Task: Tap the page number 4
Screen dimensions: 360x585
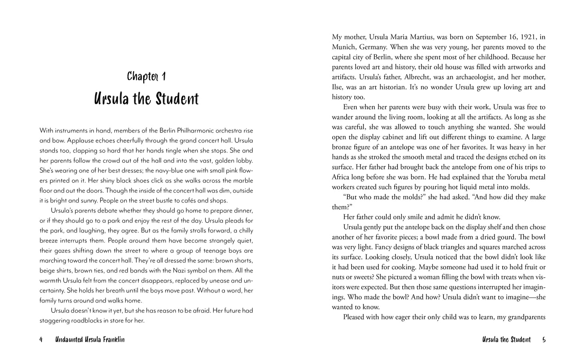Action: [x=41, y=340]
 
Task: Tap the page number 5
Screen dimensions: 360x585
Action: [x=544, y=340]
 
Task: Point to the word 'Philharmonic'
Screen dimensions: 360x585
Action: [x=188, y=130]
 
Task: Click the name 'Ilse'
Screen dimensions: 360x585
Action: [x=338, y=87]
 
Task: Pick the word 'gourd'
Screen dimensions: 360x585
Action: [x=500, y=237]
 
